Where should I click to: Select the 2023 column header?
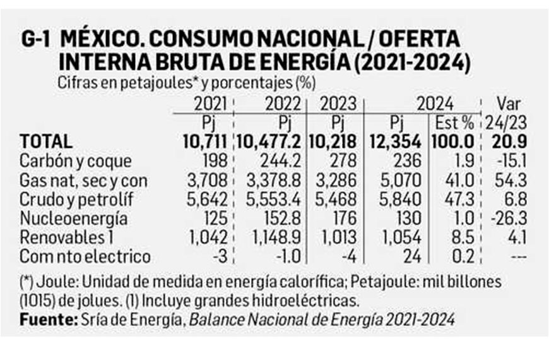pos(338,103)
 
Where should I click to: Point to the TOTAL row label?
pos(46,141)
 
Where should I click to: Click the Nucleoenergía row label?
pos(74,219)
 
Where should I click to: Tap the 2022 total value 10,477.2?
pos(272,141)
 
